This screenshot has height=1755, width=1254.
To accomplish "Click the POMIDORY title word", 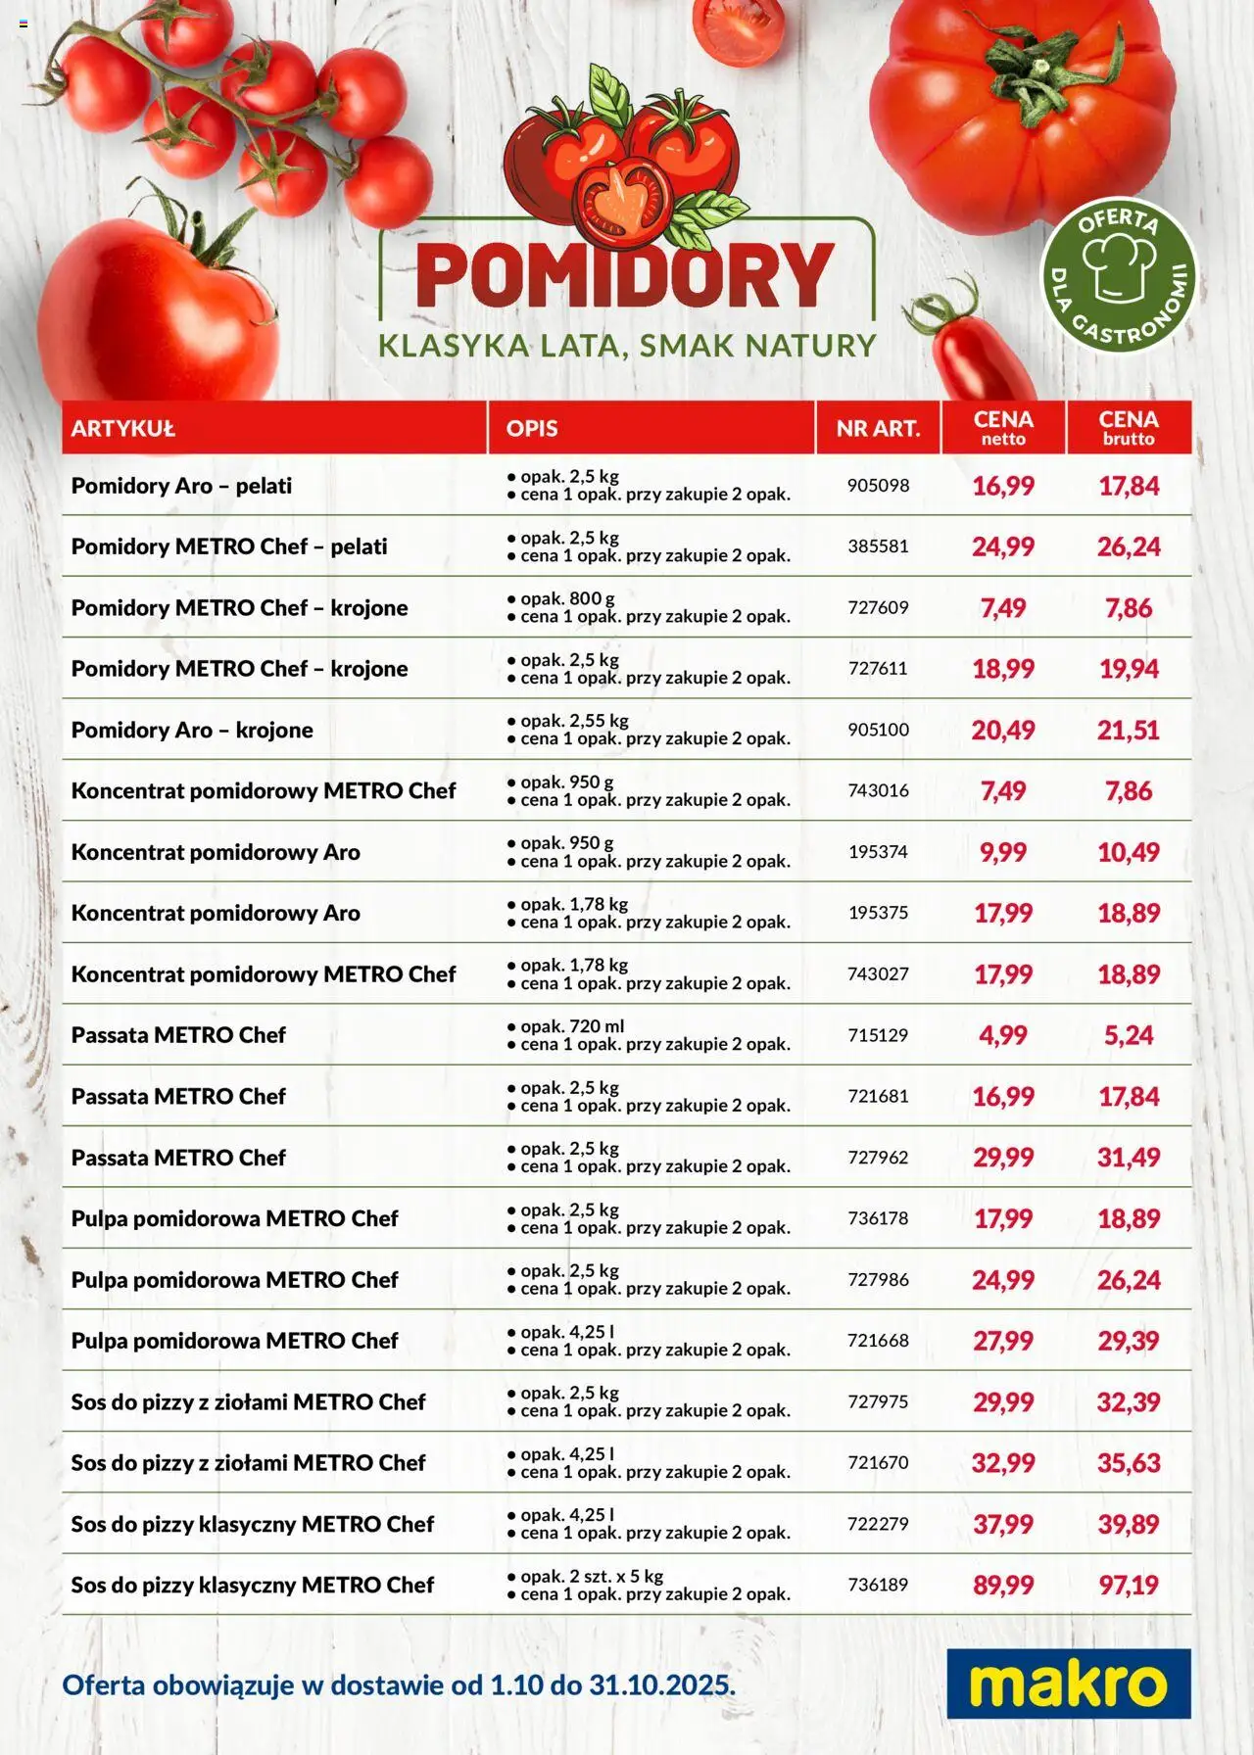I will click(625, 276).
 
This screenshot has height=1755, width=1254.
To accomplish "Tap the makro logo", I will click(1068, 1684).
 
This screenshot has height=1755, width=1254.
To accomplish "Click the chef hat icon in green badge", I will click(1118, 265).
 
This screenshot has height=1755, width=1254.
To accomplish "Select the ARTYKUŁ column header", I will click(123, 428).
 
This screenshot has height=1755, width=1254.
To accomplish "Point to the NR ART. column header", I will click(878, 428).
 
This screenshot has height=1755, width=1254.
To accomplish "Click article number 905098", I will click(878, 485).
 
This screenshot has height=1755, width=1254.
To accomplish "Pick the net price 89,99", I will click(1002, 1585).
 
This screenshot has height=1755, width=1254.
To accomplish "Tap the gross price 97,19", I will click(1129, 1585).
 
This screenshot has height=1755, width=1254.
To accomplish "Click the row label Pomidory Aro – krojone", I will click(192, 730).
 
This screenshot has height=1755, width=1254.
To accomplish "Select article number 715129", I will click(878, 1035).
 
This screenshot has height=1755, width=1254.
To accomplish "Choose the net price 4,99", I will click(1002, 1035).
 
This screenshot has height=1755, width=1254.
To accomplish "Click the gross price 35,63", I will click(1129, 1462).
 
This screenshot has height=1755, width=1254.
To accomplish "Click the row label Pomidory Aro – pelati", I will click(181, 486).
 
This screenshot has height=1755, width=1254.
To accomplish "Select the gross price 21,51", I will click(1129, 730).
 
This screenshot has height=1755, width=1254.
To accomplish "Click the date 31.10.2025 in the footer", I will click(661, 1684).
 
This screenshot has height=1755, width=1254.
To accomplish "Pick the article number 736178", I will click(878, 1218).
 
